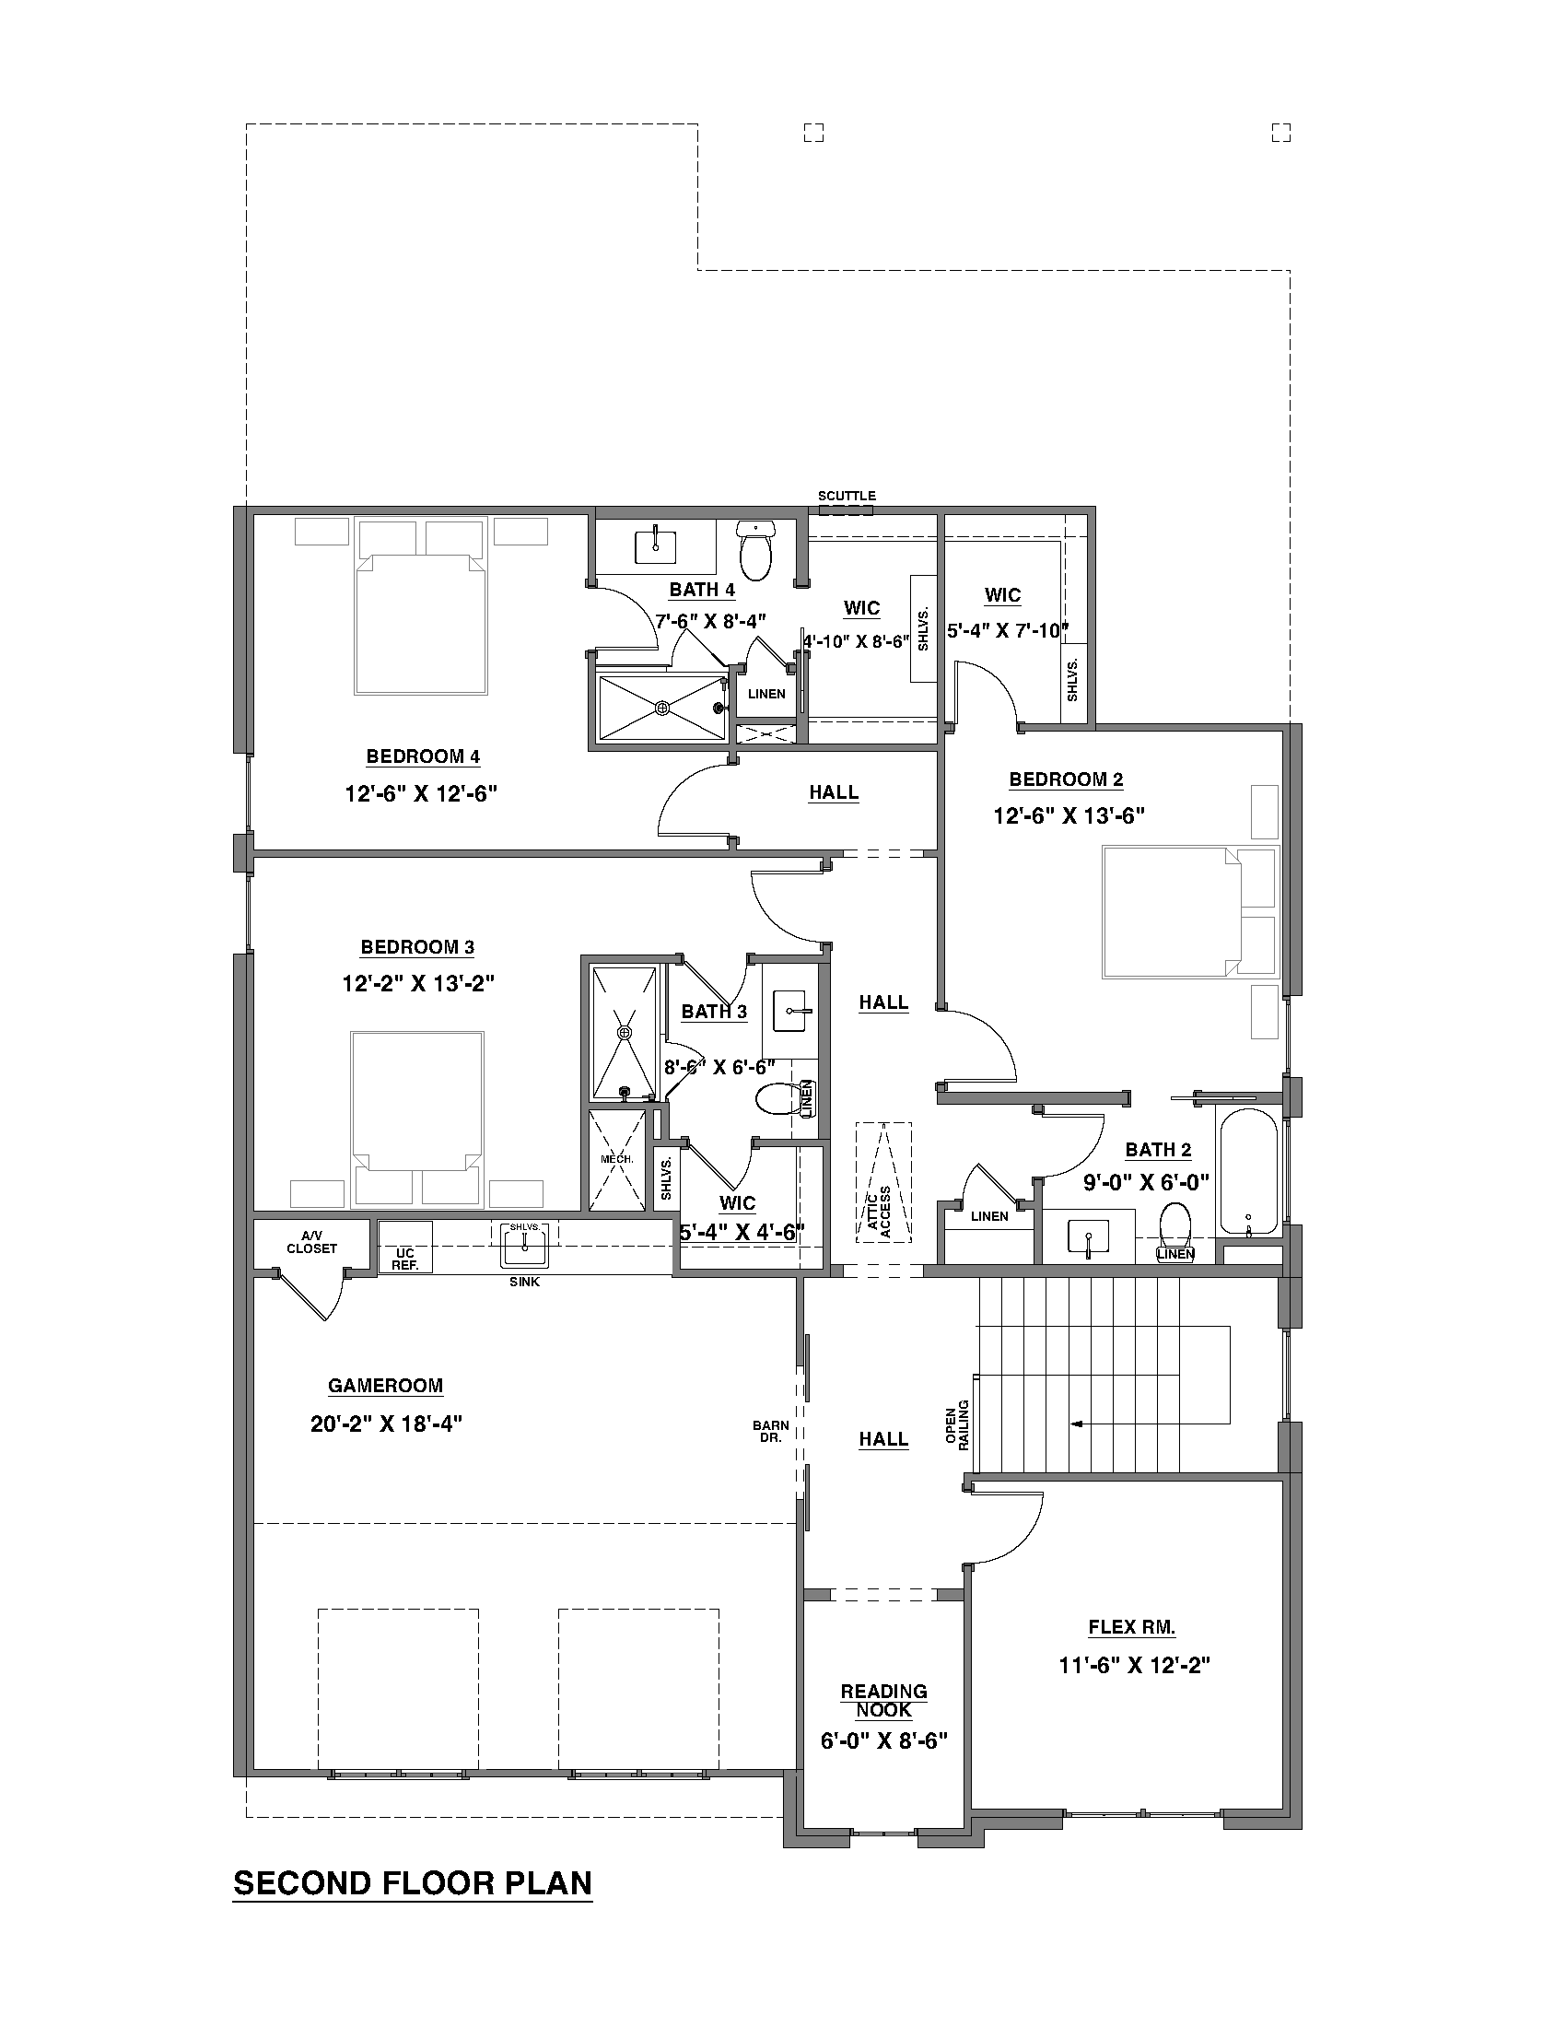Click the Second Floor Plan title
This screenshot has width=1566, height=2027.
(x=412, y=1883)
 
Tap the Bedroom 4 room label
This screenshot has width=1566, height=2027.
(x=423, y=756)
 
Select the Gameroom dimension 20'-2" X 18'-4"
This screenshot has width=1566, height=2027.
(x=386, y=1424)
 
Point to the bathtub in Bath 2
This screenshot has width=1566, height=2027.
(x=1248, y=1171)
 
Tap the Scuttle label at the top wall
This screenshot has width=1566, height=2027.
(x=846, y=496)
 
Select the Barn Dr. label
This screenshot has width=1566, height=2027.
(x=771, y=1431)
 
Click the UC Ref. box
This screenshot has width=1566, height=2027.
(x=405, y=1259)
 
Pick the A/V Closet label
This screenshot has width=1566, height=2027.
(x=311, y=1242)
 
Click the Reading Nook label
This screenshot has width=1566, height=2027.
(x=883, y=1700)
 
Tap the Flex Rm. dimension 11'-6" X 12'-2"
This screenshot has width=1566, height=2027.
(x=1135, y=1665)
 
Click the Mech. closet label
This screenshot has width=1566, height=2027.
(x=616, y=1160)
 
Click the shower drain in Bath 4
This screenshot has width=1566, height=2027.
(x=662, y=709)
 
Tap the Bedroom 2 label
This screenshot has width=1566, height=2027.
(x=1066, y=779)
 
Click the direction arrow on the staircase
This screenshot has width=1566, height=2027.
(x=1076, y=1424)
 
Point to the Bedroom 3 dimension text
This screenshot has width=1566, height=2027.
(x=417, y=983)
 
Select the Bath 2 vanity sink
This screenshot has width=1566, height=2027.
(x=1086, y=1237)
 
